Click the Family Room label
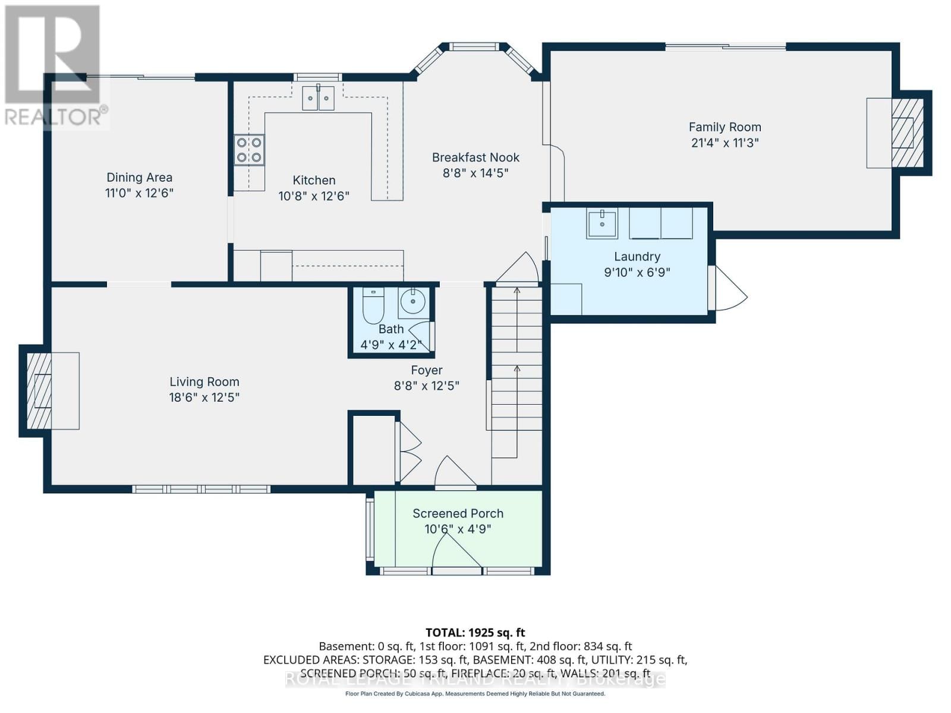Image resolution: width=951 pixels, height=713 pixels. tap(725, 127)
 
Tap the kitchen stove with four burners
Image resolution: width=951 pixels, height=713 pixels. tap(249, 150)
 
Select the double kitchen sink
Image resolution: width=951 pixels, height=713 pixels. tap(319, 98)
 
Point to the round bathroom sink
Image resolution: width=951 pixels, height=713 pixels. tap(412, 302)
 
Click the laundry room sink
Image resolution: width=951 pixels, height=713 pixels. tap(602, 223)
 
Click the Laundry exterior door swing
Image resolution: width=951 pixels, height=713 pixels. tap(730, 288)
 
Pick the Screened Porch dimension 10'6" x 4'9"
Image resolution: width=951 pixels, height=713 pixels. tap(458, 529)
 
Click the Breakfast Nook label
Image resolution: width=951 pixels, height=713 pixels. tap(475, 157)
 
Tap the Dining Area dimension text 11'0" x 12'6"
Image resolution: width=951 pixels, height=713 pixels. tap(139, 193)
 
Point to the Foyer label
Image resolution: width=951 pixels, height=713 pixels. tap(426, 370)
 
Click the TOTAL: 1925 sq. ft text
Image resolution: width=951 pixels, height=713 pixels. tap(475, 633)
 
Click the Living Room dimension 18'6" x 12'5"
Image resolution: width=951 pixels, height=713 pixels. tap(204, 397)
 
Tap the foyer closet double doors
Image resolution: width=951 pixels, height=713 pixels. tap(409, 452)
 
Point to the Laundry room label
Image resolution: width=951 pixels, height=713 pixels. tap(637, 257)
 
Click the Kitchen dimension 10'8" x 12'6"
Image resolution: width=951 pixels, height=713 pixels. tap(314, 195)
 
